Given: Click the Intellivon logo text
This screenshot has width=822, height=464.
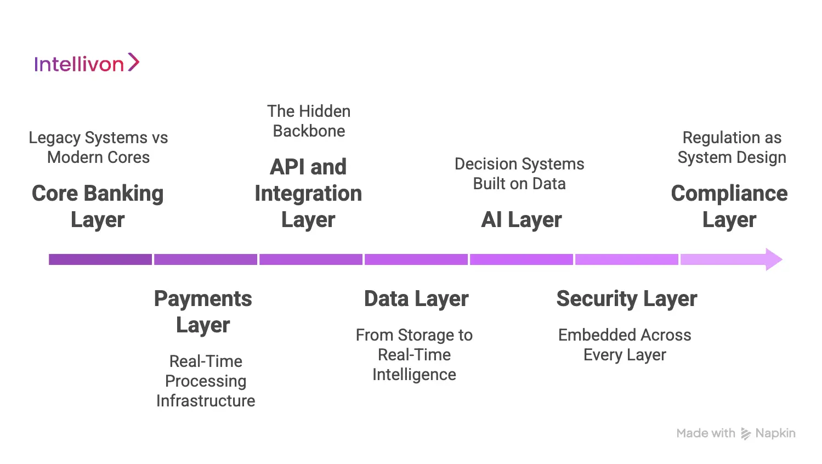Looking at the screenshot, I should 79,64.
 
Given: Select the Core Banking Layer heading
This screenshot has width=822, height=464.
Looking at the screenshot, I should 98,206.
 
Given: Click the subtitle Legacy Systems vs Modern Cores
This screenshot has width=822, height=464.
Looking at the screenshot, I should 98,147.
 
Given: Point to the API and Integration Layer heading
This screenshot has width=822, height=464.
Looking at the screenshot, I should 308,193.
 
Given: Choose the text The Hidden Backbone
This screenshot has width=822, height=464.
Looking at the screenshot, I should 309,121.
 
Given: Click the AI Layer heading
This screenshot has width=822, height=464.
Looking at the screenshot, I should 521,219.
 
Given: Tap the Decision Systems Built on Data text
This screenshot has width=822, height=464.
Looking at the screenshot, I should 519,173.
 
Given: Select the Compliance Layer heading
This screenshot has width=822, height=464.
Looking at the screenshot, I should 729,206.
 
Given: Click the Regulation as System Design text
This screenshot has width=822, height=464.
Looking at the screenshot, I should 732,147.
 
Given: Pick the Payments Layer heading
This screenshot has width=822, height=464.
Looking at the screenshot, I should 203,312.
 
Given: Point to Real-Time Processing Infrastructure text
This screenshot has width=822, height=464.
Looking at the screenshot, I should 206,381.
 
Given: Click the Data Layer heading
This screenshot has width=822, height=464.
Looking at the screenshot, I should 416,298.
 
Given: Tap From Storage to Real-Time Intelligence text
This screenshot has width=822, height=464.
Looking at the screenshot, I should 414,354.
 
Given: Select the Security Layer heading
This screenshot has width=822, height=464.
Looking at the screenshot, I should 626,298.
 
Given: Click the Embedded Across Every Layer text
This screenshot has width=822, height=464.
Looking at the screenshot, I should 625,344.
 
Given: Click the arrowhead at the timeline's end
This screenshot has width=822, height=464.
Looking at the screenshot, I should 773,259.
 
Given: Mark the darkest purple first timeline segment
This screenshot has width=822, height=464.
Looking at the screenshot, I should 100,259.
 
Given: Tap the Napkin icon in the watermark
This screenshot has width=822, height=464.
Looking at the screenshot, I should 746,434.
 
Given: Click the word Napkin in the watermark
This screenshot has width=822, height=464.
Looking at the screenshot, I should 775,433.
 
